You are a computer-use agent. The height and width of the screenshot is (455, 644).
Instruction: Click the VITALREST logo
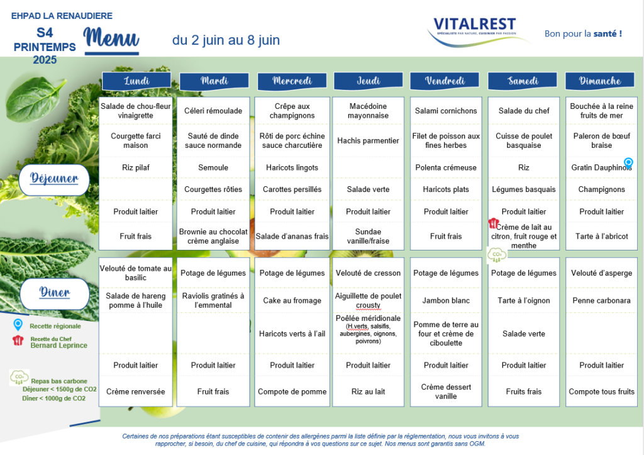(x=477, y=31)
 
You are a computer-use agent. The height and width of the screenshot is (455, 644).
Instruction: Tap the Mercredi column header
(x=292, y=81)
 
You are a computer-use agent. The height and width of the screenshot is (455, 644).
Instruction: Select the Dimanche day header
(x=599, y=81)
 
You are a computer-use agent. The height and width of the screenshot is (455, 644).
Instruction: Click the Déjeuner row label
(x=54, y=179)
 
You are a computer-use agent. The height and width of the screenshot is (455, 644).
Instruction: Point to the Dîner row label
(x=55, y=293)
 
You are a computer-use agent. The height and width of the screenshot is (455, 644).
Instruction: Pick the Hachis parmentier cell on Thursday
(x=368, y=140)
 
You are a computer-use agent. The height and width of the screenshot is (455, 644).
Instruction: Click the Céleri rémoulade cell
(x=213, y=111)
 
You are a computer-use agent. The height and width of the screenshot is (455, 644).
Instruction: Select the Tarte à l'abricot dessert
(x=601, y=237)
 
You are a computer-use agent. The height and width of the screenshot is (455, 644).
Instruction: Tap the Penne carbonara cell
(x=601, y=300)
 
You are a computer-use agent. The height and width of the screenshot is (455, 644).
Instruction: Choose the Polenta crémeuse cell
(x=446, y=167)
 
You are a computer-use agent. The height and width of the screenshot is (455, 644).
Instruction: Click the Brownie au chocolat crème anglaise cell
(x=213, y=237)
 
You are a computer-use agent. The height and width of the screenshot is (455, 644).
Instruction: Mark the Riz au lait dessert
(x=368, y=391)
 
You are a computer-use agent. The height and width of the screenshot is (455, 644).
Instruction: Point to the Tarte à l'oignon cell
(x=524, y=300)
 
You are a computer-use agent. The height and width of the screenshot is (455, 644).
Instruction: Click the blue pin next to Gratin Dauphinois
(x=628, y=163)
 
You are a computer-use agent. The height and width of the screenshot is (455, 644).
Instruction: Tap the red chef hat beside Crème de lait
(x=493, y=223)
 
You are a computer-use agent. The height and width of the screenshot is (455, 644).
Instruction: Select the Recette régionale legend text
(x=55, y=327)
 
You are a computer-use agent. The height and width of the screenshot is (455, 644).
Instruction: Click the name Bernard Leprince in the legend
(x=58, y=345)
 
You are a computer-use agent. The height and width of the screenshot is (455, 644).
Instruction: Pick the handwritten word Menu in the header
(x=111, y=37)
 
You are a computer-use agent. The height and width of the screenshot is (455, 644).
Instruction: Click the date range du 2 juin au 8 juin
(x=226, y=40)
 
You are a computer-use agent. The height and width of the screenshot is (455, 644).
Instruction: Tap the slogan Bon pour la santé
(x=583, y=34)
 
